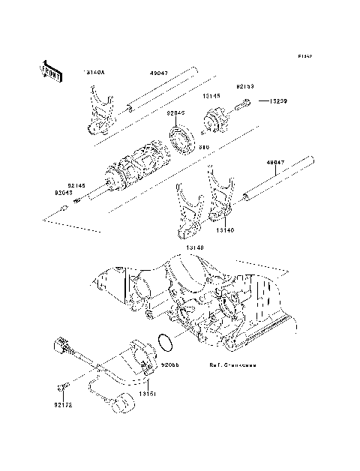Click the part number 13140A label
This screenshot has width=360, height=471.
pos(94,73)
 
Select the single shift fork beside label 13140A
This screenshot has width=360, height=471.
pos(98,112)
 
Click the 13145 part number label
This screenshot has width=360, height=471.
pos(209,97)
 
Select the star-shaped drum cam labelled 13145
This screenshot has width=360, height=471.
pos(216,119)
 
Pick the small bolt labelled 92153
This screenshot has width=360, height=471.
pos(244,106)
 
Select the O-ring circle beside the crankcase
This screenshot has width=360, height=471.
pos(166,345)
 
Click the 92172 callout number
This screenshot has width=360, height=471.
pos(64,406)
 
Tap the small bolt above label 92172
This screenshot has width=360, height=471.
pos(63,387)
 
